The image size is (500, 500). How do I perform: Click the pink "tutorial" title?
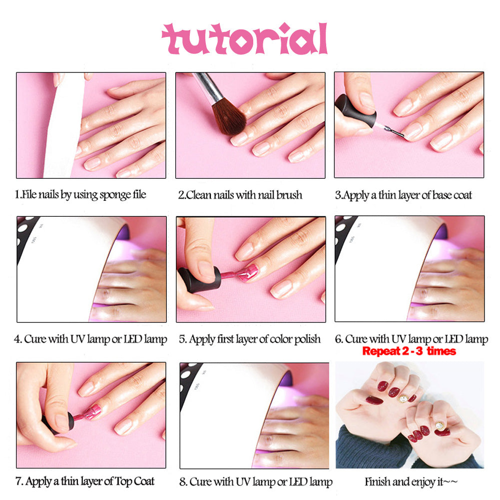coord(244,39)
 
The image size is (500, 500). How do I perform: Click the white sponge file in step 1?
coord(62,125)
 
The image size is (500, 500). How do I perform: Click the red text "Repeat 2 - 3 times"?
coord(409,351)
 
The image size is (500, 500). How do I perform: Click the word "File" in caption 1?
coord(29,195)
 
